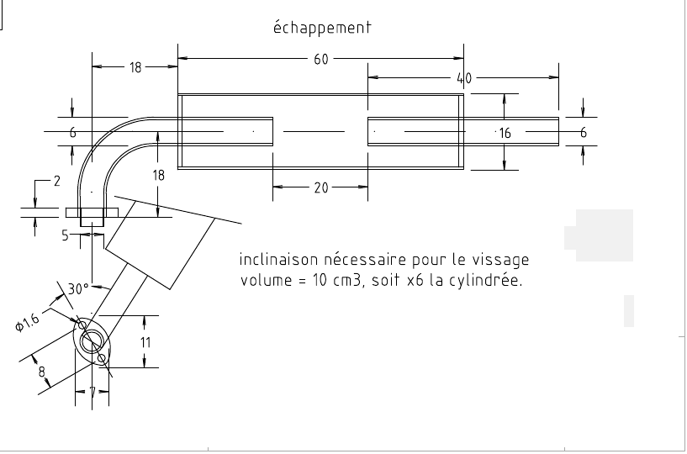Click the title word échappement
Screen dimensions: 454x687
click(x=322, y=27)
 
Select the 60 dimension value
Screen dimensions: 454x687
click(x=321, y=59)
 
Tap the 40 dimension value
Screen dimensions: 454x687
click(x=464, y=78)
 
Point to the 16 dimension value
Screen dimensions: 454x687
click(x=505, y=133)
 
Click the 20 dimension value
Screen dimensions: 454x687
click(x=321, y=188)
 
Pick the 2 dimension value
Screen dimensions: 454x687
click(x=56, y=181)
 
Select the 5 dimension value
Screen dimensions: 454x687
click(x=65, y=236)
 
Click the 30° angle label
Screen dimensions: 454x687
click(x=78, y=288)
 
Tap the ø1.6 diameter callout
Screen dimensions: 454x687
click(x=27, y=323)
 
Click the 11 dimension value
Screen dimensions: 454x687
click(x=145, y=342)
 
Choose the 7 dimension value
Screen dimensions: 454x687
click(x=92, y=392)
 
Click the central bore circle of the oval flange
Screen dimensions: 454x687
click(x=92, y=340)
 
